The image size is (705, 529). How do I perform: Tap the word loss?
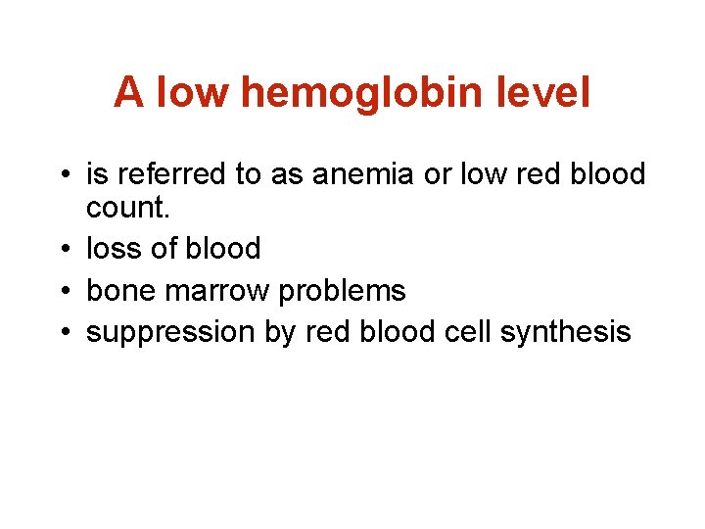pyautogui.click(x=112, y=249)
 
